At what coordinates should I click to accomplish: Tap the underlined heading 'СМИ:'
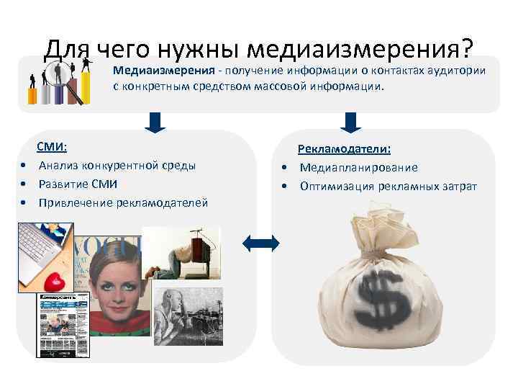(x=52, y=147)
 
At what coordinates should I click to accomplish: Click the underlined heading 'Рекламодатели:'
(x=345, y=149)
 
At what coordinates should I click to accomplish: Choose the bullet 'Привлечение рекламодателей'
(x=123, y=203)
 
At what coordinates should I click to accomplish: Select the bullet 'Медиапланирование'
(x=358, y=168)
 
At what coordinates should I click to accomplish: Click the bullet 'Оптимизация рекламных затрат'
(x=388, y=187)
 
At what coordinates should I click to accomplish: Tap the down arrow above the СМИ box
(x=155, y=122)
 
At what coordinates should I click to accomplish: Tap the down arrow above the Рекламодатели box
(x=350, y=122)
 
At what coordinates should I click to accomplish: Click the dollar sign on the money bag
(x=386, y=295)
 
